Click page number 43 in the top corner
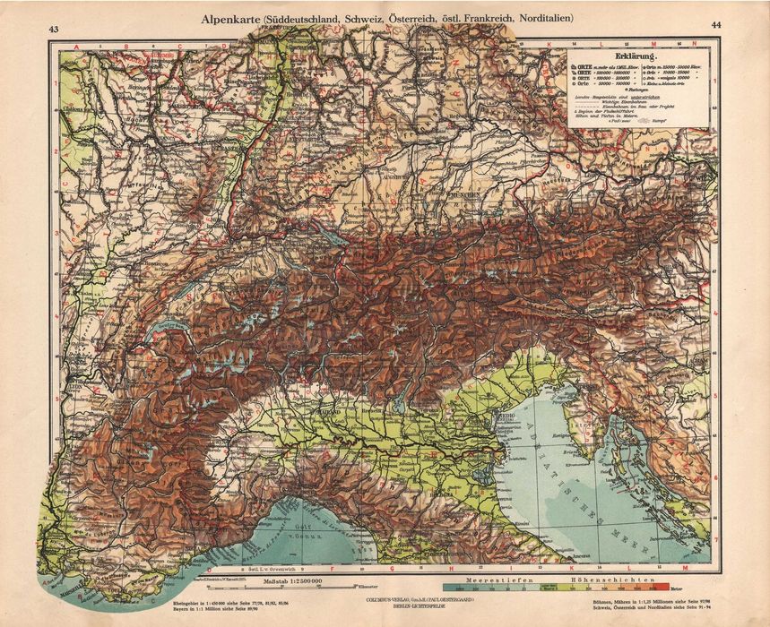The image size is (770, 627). (54, 30)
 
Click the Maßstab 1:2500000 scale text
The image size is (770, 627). (291, 582)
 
